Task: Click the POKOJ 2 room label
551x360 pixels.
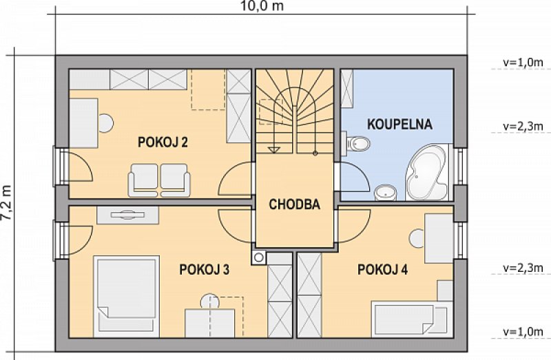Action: click(163, 142)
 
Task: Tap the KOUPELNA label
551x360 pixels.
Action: click(399, 125)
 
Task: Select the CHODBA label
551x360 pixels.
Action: click(295, 204)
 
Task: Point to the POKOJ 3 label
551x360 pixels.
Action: click(204, 269)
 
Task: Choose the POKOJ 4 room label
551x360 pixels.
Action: click(383, 269)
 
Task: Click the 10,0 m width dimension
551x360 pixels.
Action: click(262, 6)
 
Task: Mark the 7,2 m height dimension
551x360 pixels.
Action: click(6, 202)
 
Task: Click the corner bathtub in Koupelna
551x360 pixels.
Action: click(426, 172)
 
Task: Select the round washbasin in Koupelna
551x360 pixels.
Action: click(386, 193)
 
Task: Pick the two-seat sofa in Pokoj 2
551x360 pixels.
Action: click(159, 180)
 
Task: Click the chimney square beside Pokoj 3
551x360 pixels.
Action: click(259, 257)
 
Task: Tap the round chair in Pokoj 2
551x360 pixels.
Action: click(105, 123)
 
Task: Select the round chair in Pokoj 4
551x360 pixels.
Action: click(417, 237)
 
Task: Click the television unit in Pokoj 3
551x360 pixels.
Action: click(127, 215)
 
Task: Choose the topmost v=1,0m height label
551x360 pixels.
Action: click(523, 63)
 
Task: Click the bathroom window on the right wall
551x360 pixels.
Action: click(461, 166)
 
